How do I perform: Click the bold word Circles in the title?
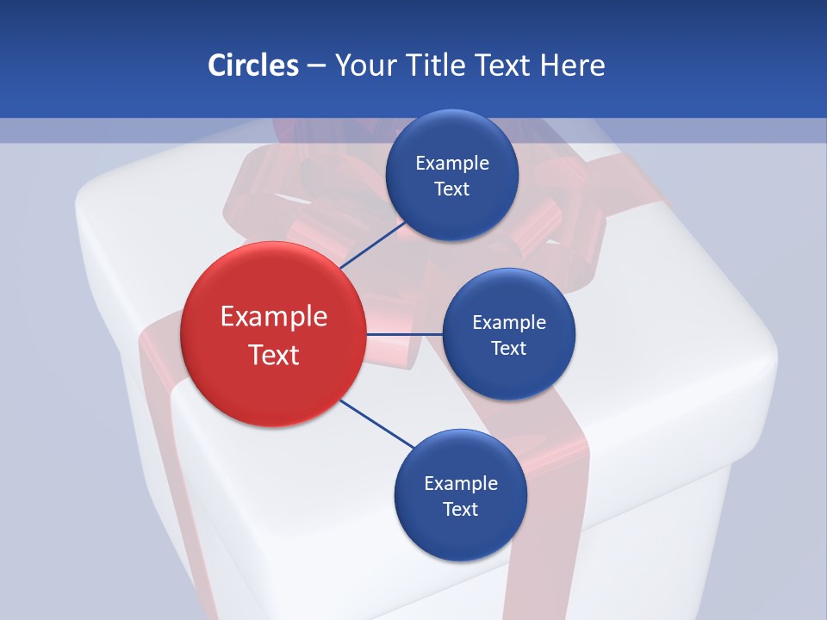coord(252,65)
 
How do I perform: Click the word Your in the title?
coord(366,65)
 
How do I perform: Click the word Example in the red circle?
coord(274,317)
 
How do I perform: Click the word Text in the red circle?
coord(274,355)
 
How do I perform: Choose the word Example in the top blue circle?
coord(452,163)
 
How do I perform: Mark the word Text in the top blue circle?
coord(452,189)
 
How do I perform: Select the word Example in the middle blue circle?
coord(509,322)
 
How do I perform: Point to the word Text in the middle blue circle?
coord(509,348)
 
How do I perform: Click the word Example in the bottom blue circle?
coord(461,483)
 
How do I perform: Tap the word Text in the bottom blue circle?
coord(461,509)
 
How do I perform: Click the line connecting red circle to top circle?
coord(373,245)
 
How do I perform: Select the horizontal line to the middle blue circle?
coord(404,334)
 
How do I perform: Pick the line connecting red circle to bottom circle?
coord(377,424)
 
